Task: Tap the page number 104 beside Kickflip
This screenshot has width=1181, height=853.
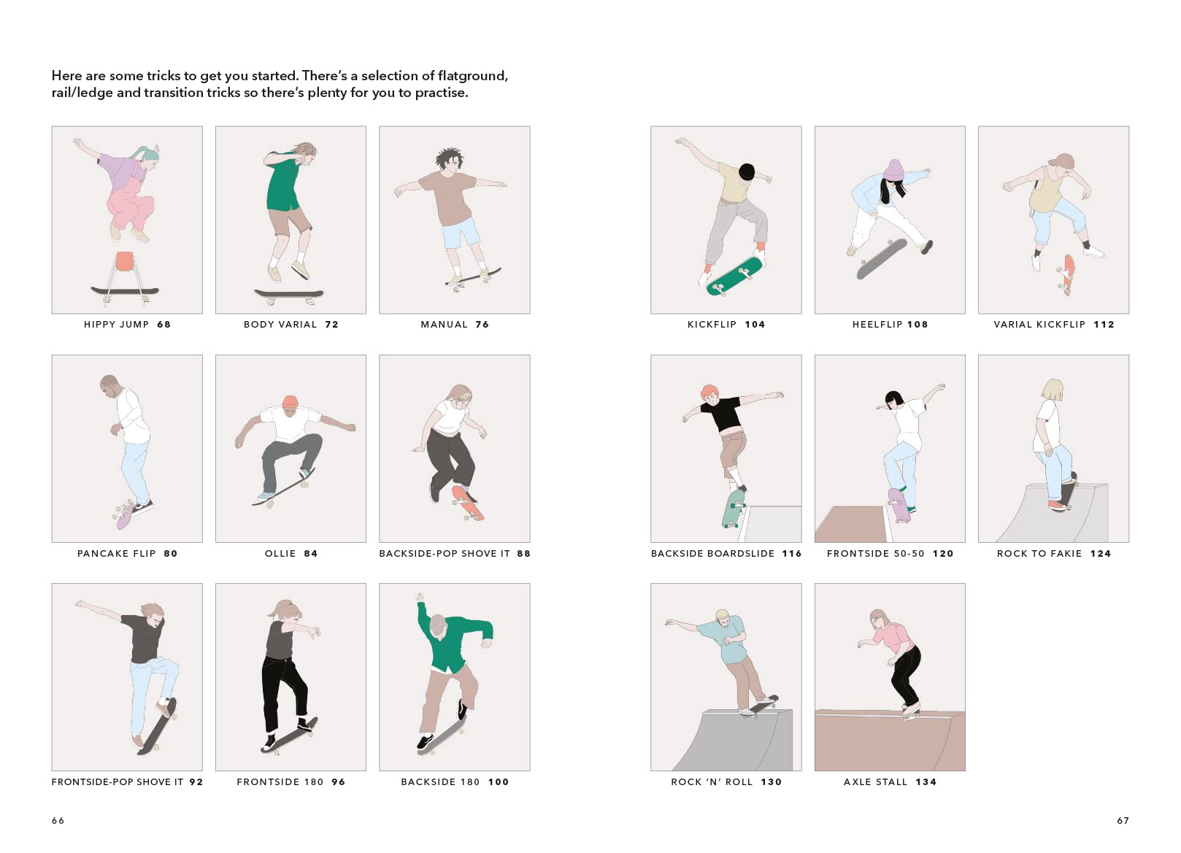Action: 755,325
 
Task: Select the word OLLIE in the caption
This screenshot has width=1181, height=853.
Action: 280,554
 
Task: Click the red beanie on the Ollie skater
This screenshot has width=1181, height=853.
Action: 290,402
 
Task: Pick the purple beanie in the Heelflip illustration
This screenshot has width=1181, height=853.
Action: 893,170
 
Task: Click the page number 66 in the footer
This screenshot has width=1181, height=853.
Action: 58,821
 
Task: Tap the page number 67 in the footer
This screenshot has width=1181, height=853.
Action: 1123,821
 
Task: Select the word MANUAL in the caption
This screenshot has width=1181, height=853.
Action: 444,325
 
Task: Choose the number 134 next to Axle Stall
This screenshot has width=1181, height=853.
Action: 926,782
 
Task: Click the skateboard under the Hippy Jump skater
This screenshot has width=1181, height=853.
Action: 125,290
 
